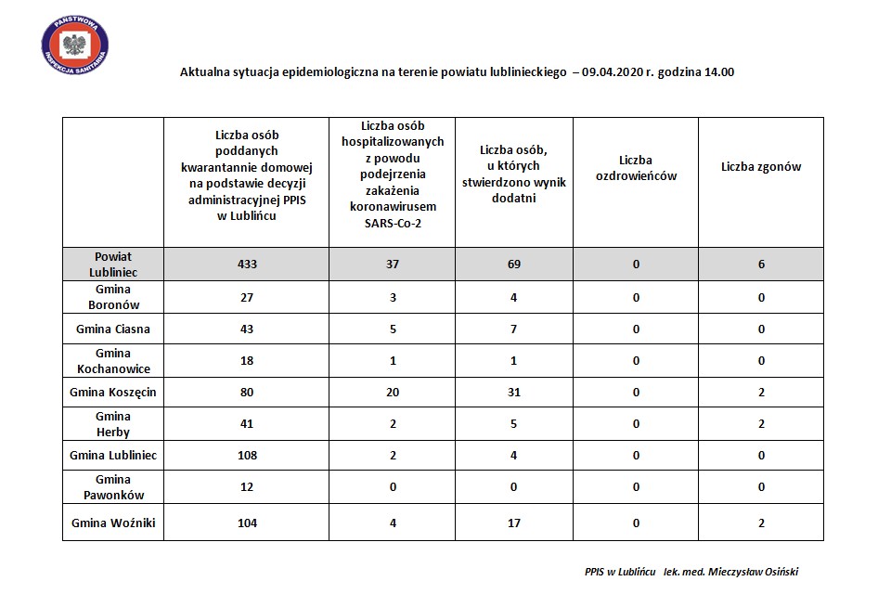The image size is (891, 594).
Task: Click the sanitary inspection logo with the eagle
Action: click(x=74, y=43)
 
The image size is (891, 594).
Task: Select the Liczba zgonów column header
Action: click(x=760, y=167)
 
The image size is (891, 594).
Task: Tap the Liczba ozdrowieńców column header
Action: click(x=636, y=167)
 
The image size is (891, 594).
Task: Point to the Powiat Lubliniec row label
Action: click(x=113, y=264)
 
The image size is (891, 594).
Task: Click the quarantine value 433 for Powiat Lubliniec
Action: click(x=246, y=265)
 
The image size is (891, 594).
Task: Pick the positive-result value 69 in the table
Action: click(x=513, y=265)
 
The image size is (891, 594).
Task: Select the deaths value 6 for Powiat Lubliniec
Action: click(x=761, y=265)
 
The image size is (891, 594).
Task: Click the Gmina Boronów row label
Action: click(x=113, y=297)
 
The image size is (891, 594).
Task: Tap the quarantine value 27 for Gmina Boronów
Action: click(x=246, y=297)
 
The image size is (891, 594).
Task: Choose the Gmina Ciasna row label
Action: click(x=113, y=329)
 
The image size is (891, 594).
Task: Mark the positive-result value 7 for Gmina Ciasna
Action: click(x=513, y=329)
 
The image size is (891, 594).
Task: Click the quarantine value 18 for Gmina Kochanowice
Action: click(x=246, y=360)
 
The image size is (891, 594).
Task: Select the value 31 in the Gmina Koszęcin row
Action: click(x=513, y=393)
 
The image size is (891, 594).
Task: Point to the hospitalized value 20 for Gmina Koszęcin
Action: click(x=392, y=393)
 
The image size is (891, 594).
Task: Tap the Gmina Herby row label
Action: click(x=113, y=424)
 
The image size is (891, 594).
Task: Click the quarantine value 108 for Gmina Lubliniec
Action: click(x=246, y=456)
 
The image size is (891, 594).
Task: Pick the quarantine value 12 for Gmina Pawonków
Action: click(x=246, y=487)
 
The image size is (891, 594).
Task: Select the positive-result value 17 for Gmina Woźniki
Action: click(x=513, y=523)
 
